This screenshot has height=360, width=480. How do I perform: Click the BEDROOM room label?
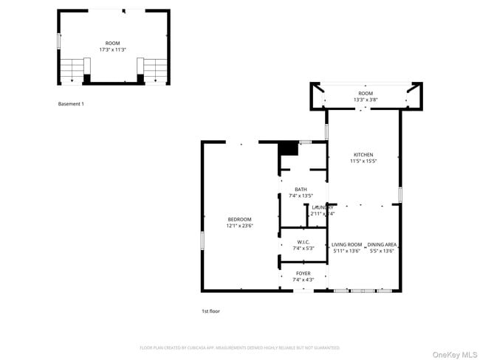point(239,219)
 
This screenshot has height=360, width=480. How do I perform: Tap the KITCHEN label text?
point(363,154)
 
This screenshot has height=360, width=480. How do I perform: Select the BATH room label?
point(301,190)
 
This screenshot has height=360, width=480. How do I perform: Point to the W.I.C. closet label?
point(304,242)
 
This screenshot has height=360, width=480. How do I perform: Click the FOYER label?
point(304,273)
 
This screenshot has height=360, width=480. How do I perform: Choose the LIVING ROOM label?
point(346,244)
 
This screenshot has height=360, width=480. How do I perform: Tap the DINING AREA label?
point(383,244)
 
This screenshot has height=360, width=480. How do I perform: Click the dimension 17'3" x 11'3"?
point(113,50)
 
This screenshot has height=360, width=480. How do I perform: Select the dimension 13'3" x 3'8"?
point(366,100)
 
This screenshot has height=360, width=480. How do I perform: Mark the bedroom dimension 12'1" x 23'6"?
point(239,226)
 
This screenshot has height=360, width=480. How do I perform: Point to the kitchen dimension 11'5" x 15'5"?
point(363,161)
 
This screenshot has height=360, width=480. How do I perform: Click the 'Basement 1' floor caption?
point(71,104)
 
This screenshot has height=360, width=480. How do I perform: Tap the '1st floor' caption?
point(210,311)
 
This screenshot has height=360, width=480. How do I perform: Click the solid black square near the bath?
point(287,148)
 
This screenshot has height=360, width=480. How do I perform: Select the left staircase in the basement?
point(72,70)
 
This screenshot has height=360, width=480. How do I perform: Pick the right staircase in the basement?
point(156,70)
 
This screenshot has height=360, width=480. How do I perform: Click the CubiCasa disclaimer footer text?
point(240,347)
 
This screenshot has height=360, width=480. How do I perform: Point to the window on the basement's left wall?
point(59,41)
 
